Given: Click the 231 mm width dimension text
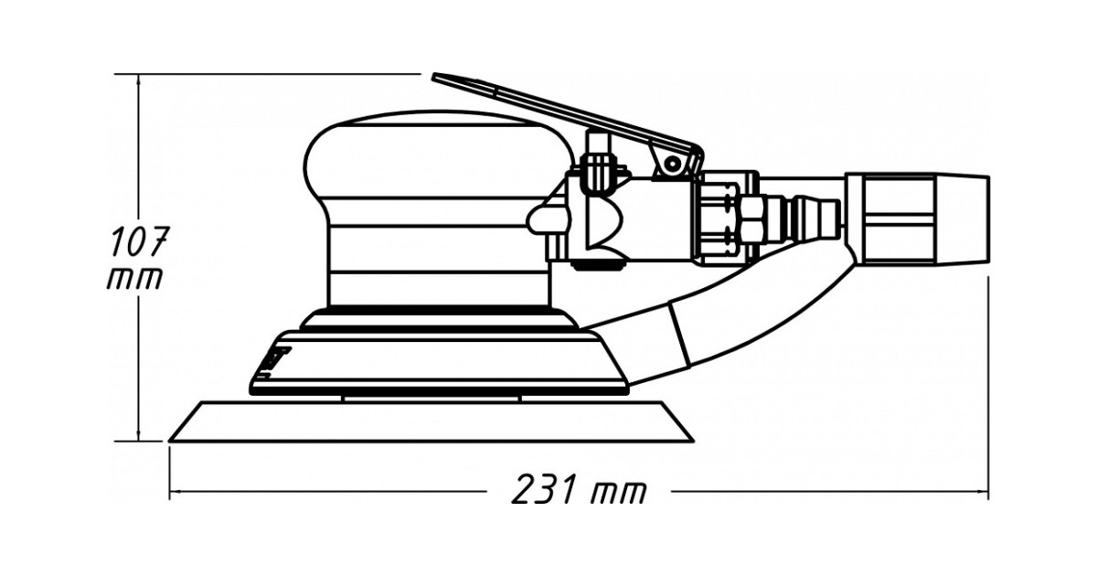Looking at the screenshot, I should coord(578,491).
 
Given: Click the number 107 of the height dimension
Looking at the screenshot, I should coord(138,242).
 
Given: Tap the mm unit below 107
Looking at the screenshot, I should coord(134,278).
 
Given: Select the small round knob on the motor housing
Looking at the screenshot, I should coord(541,219).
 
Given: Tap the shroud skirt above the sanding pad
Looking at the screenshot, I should coord(439,361).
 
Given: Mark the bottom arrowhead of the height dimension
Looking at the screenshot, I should coord(139,436).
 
